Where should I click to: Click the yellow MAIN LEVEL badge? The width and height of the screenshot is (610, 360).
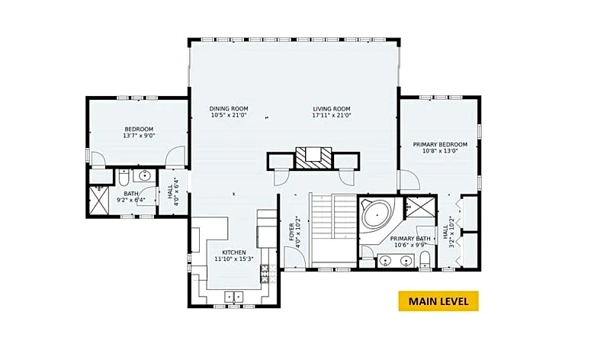click(x=438, y=301)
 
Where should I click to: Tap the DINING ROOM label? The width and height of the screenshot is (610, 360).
click(x=229, y=108)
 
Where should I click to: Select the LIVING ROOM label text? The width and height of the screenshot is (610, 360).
click(x=332, y=109)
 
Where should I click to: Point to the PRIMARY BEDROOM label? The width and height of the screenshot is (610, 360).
click(x=440, y=144)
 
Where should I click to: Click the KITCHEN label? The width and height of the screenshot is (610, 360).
click(x=234, y=252)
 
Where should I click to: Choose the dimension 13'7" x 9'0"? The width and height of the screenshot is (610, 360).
click(x=139, y=136)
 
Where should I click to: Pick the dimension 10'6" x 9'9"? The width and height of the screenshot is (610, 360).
click(x=410, y=245)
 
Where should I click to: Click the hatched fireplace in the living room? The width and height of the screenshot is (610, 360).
click(x=313, y=158)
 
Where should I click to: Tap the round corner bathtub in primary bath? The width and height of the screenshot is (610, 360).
click(x=377, y=215)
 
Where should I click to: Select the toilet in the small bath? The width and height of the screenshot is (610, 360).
click(x=124, y=178)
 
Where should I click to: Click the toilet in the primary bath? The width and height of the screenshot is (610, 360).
click(x=425, y=259)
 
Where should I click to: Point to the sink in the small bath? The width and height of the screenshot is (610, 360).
click(x=145, y=175)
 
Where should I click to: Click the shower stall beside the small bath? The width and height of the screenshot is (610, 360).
click(x=99, y=200)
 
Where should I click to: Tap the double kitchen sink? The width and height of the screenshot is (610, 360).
click(x=233, y=296)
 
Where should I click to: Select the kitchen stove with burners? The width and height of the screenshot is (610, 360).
click(x=265, y=274)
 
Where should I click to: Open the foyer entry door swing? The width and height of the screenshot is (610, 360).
click(x=294, y=257)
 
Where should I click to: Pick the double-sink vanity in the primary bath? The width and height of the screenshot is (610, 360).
click(x=396, y=260)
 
